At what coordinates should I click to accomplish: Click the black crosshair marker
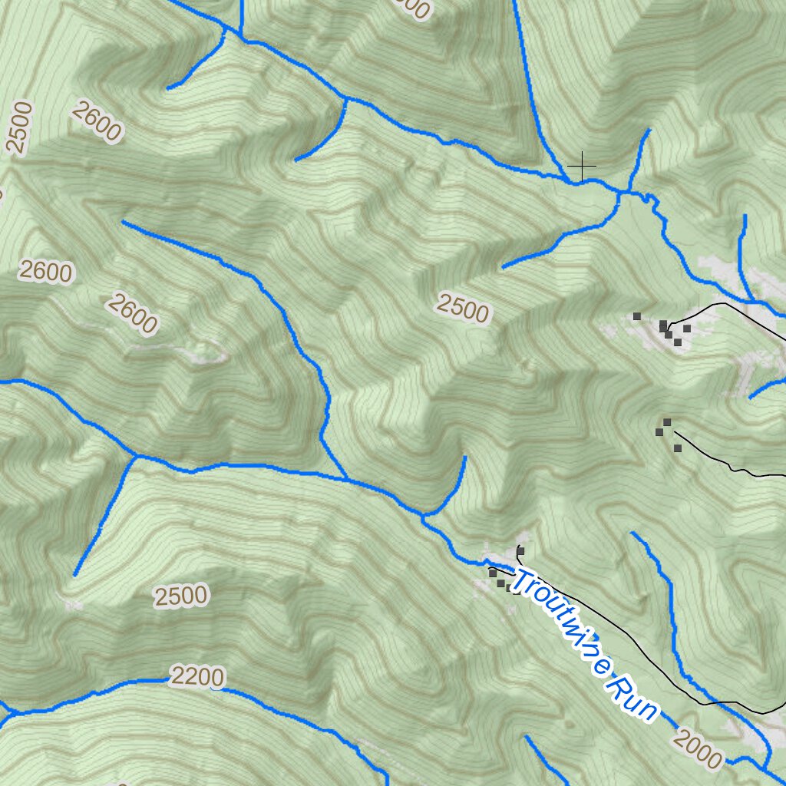[582, 166]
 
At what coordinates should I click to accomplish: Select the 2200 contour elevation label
[198, 677]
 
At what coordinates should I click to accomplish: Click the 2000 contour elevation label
[698, 749]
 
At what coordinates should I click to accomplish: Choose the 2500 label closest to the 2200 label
[180, 596]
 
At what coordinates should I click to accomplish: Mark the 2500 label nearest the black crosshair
[462, 309]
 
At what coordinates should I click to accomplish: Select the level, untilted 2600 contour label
[46, 272]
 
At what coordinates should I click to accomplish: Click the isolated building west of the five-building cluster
[636, 316]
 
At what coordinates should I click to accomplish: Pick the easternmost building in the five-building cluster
[687, 329]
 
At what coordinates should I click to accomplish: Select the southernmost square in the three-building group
[678, 448]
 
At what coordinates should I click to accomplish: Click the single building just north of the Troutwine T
[520, 551]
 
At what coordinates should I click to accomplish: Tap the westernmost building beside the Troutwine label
[492, 573]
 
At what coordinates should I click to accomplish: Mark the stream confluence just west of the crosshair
[569, 181]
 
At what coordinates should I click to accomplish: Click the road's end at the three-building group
[674, 431]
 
